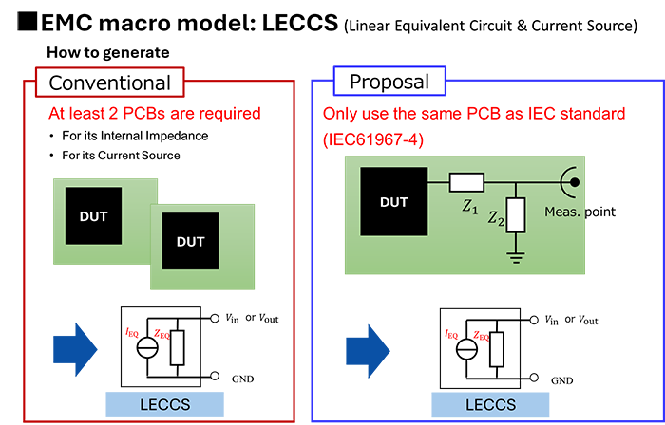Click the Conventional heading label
pyautogui.click(x=104, y=83)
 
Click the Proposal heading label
pyautogui.click(x=389, y=83)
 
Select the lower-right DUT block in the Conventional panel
pyautogui.click(x=189, y=241)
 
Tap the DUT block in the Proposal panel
pyautogui.click(x=393, y=201)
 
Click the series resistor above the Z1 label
pyautogui.click(x=468, y=181)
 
